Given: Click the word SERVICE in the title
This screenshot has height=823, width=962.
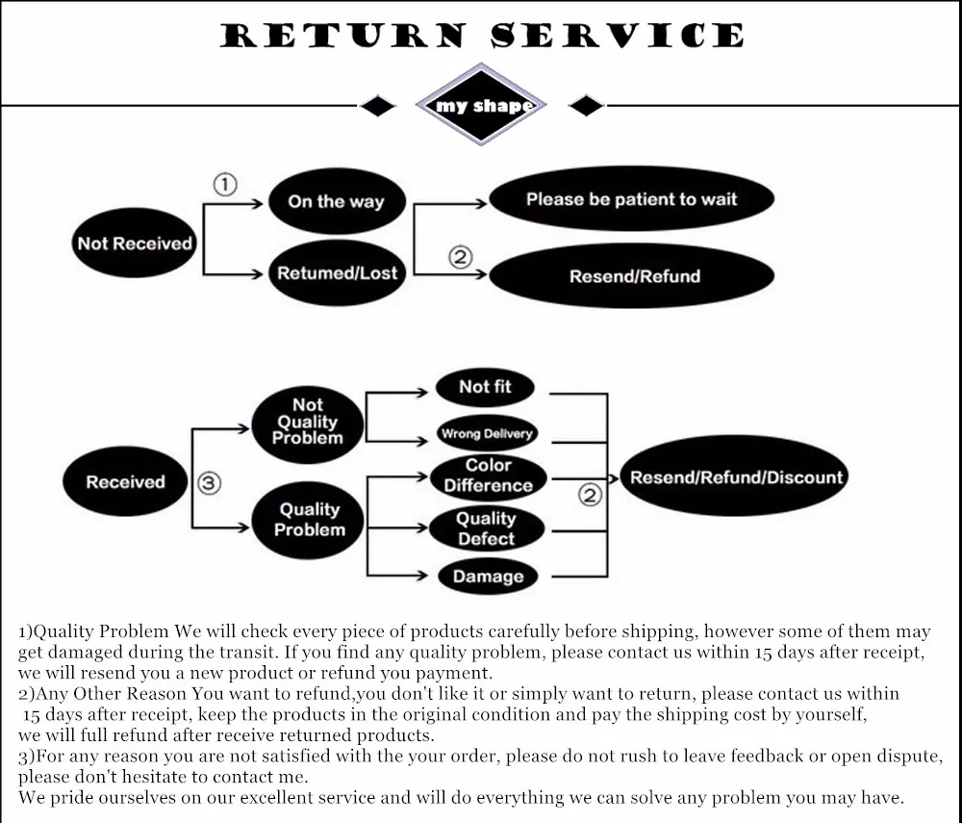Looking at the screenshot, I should (x=617, y=37).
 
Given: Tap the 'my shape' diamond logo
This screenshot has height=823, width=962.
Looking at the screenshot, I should (x=481, y=105).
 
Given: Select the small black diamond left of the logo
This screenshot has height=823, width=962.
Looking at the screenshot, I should (x=377, y=106).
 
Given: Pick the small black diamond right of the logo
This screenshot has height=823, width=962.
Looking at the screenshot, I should (x=586, y=106).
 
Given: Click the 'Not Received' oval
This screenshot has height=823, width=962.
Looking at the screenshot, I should (x=135, y=244).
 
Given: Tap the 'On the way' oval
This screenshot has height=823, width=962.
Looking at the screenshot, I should (x=336, y=201).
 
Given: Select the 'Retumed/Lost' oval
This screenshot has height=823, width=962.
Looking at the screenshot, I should (x=337, y=273).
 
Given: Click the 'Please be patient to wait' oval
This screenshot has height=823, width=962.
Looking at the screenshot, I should (x=631, y=200).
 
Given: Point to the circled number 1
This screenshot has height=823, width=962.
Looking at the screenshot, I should (x=224, y=185).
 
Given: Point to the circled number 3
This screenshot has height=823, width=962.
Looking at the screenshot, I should (x=209, y=483).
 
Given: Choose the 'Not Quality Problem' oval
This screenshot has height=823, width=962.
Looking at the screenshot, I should (x=308, y=423).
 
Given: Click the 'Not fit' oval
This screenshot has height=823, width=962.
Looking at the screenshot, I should (x=485, y=387).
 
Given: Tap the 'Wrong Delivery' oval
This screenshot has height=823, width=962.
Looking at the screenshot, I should (x=486, y=434).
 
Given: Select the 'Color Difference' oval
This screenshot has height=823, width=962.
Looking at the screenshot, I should (x=488, y=476).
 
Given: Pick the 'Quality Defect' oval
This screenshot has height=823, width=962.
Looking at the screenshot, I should (x=486, y=528).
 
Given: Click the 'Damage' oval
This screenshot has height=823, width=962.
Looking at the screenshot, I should (x=488, y=577).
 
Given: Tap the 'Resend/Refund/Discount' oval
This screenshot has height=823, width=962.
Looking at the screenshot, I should (x=736, y=477).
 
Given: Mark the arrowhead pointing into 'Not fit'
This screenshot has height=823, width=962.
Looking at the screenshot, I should (x=422, y=393).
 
